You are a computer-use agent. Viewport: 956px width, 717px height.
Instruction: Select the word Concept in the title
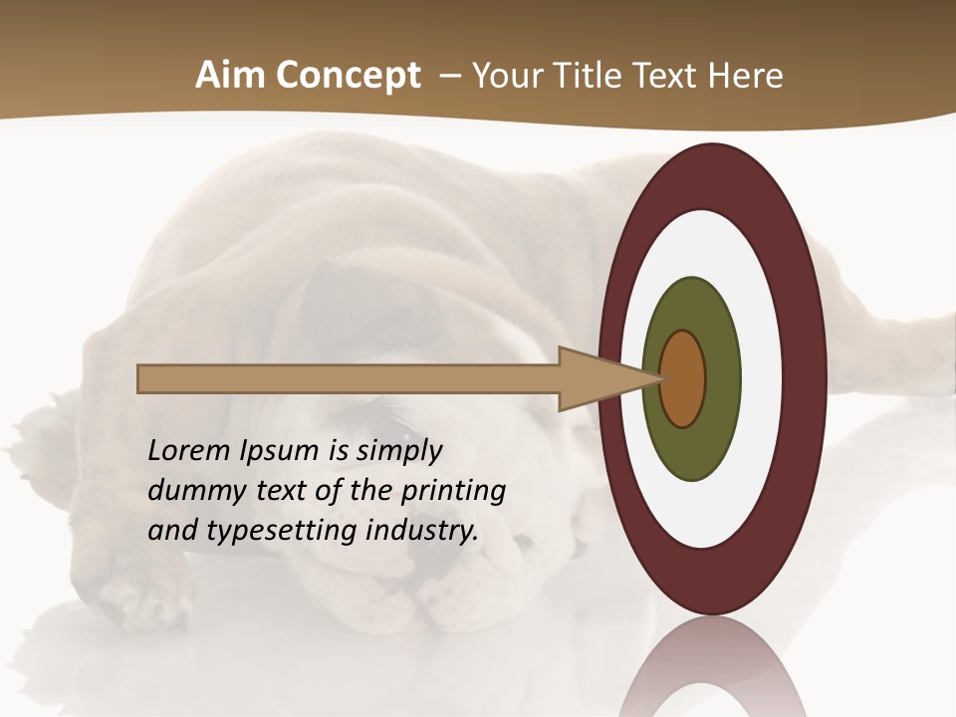pos(348,76)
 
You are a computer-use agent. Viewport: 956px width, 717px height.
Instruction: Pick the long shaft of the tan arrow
pos(349,378)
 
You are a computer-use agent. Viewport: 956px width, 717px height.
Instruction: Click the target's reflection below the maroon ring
pos(713,672)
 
